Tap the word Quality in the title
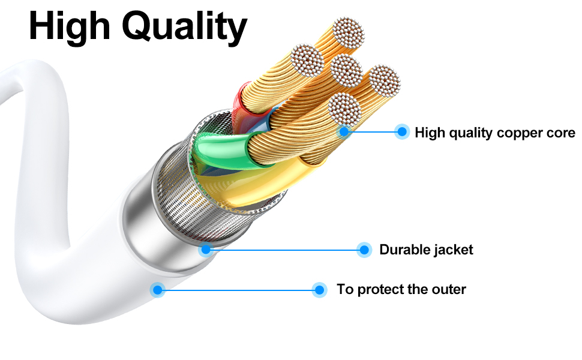[x=184, y=28]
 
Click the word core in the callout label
[x=562, y=133]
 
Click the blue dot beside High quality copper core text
[x=401, y=131]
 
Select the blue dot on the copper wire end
[x=344, y=131]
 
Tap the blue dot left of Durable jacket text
[x=364, y=250]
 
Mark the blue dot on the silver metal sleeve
[x=206, y=250]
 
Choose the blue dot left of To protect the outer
[x=319, y=290]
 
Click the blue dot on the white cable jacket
[x=158, y=289]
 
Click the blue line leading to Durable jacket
[x=285, y=250]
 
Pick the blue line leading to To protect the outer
[x=238, y=290]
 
